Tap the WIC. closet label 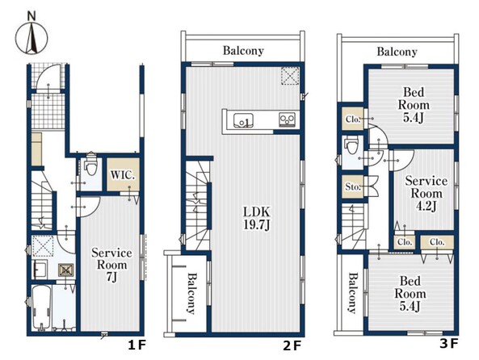pyautogui.click(x=123, y=175)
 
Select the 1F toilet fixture pyautogui.click(x=91, y=165)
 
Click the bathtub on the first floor pyautogui.click(x=41, y=308)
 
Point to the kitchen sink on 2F pyautogui.click(x=243, y=120)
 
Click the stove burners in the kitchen pyautogui.click(x=287, y=119)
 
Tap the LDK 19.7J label pyautogui.click(x=257, y=218)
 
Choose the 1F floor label pyautogui.click(x=137, y=345)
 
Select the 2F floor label pyautogui.click(x=292, y=346)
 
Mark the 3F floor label pyautogui.click(x=449, y=344)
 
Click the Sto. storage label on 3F pyautogui.click(x=352, y=186)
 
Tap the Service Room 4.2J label pyautogui.click(x=426, y=194)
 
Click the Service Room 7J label pyautogui.click(x=111, y=265)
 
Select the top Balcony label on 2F pyautogui.click(x=243, y=50)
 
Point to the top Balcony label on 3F pyautogui.click(x=397, y=52)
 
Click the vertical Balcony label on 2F pyautogui.click(x=191, y=294)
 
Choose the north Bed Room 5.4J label pyautogui.click(x=414, y=105)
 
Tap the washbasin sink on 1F pyautogui.click(x=39, y=270)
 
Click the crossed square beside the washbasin pyautogui.click(x=66, y=270)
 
